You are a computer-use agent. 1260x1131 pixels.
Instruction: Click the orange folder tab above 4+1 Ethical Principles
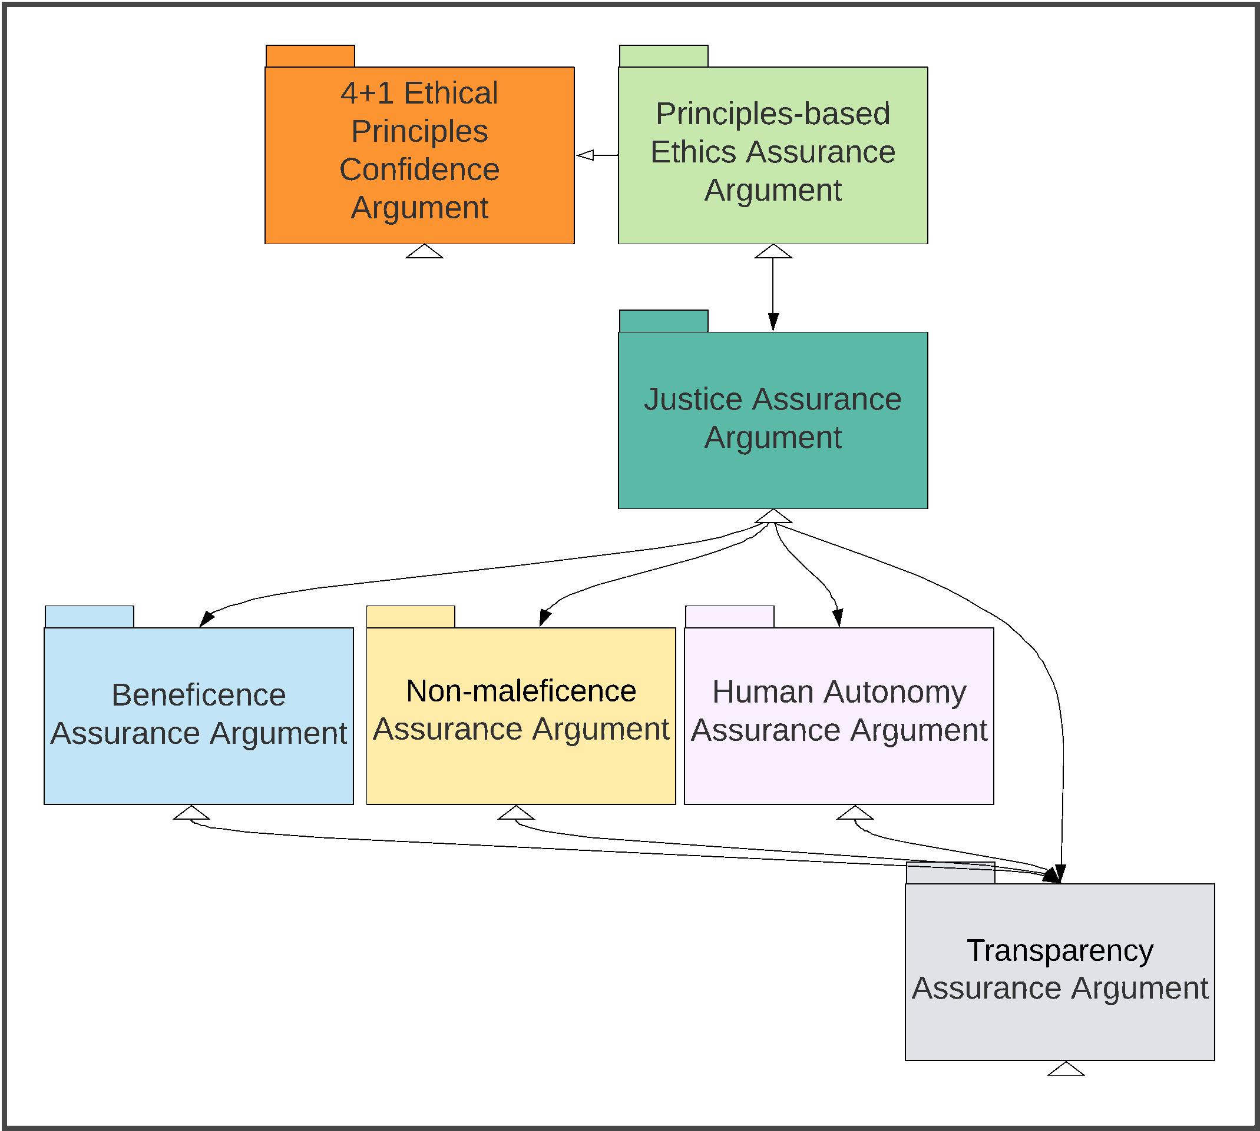coord(310,56)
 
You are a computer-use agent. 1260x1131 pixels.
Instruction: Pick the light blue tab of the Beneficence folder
coord(89,617)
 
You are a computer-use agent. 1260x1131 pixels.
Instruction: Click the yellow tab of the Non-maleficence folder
coord(411,617)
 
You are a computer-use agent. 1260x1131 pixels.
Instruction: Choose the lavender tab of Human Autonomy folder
coord(729,617)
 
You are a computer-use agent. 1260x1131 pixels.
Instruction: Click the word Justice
coord(692,399)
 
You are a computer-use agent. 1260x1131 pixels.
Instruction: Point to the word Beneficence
coord(199,695)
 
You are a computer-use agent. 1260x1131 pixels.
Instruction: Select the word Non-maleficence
coord(521,691)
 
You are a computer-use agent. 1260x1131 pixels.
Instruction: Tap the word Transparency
coord(1060,950)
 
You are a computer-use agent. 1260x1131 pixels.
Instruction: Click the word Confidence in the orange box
coord(419,169)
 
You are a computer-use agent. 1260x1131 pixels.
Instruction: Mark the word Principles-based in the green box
coord(772,114)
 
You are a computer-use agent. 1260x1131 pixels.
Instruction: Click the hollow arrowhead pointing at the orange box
coord(584,155)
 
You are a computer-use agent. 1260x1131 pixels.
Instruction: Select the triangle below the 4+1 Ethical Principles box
coord(424,252)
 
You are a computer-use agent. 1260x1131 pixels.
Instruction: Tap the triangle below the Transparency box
coord(1066,1069)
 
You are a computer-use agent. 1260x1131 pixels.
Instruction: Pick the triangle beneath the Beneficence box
coord(191,813)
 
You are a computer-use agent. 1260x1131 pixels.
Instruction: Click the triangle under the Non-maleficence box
coord(515,813)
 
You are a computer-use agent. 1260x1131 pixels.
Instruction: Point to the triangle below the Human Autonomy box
coord(855,813)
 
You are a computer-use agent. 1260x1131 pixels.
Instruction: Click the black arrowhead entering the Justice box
coord(772,322)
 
